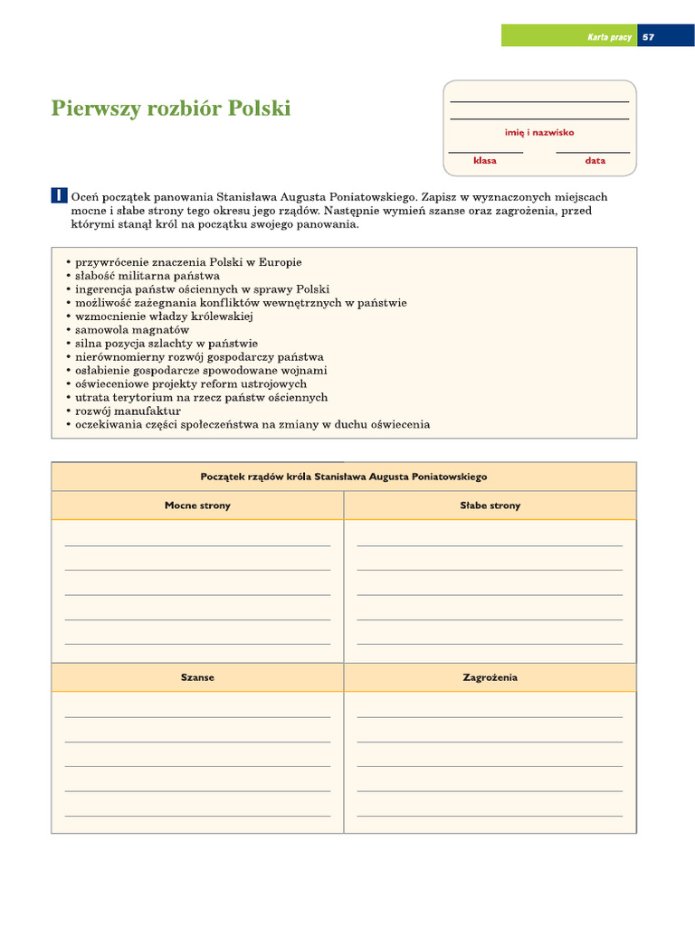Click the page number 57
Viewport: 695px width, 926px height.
[x=648, y=37]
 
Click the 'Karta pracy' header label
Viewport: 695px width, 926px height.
[x=609, y=37]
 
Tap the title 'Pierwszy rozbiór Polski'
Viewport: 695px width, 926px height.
[x=171, y=109]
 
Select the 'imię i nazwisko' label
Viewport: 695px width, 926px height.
[x=539, y=132]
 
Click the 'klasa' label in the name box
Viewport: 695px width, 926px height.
[x=485, y=160]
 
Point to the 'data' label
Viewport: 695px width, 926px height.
[x=595, y=160]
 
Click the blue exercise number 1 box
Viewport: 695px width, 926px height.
[x=58, y=196]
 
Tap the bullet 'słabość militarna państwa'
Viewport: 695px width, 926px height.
[x=147, y=276]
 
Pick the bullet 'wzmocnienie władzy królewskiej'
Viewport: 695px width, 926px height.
[x=164, y=317]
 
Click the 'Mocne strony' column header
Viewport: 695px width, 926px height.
[x=197, y=506]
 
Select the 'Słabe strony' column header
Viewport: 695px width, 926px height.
[x=490, y=506]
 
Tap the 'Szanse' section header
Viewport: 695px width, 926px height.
[x=197, y=677]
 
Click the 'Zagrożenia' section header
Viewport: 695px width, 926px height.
[x=490, y=677]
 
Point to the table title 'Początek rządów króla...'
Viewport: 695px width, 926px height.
[x=344, y=477]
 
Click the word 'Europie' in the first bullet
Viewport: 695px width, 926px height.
[x=281, y=262]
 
